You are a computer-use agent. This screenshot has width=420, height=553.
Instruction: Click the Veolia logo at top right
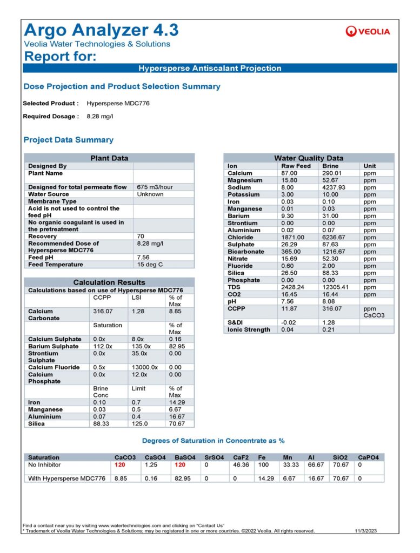[367, 31]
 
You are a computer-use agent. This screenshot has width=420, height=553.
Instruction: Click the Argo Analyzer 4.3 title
[102, 30]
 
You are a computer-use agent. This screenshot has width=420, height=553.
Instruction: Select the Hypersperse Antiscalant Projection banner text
[210, 69]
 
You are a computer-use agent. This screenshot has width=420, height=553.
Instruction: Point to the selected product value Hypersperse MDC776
[118, 103]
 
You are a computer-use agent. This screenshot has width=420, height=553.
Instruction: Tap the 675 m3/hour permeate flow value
[154, 187]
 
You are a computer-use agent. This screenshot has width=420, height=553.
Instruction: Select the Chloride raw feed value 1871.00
[294, 237]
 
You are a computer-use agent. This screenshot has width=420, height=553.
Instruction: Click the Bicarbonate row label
[246, 252]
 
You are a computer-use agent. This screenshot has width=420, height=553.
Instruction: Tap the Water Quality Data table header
[309, 158]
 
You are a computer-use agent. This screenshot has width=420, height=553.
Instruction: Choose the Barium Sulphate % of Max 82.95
[177, 346]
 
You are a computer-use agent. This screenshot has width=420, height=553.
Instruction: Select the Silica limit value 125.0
[140, 423]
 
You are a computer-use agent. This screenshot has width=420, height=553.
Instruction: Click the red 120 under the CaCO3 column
[120, 464]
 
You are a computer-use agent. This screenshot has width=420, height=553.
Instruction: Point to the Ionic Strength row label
[249, 329]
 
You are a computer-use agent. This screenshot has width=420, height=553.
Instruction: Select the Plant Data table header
[109, 158]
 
